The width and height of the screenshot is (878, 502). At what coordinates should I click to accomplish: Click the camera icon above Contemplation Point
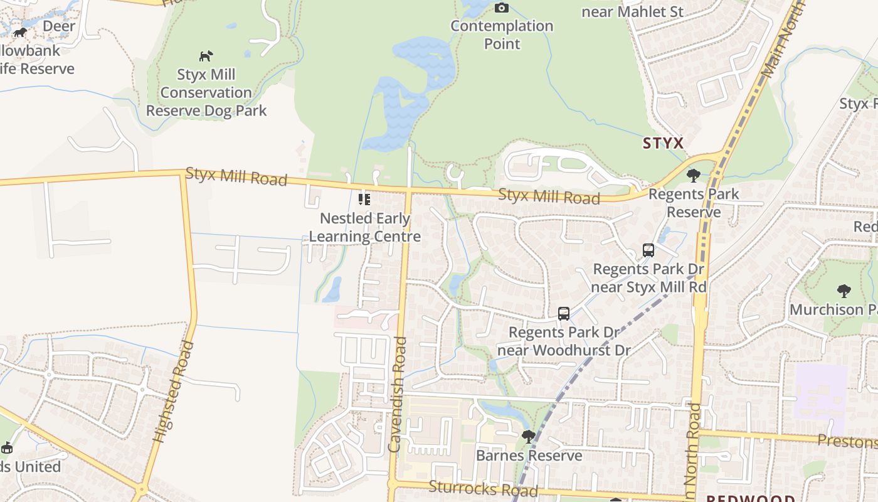501,8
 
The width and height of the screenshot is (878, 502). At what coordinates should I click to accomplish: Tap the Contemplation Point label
502,35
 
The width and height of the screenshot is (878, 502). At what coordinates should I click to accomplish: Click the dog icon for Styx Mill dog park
206,56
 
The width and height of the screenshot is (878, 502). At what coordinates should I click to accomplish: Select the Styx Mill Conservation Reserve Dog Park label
206,93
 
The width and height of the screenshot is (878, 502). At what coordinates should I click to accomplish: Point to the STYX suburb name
663,143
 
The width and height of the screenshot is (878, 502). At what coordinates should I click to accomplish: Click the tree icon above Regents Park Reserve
693,176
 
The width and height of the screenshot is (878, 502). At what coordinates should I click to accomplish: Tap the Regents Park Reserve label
694,203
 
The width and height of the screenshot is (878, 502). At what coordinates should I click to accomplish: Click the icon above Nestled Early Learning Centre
364,200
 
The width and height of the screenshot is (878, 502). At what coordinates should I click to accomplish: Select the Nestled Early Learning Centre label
365,228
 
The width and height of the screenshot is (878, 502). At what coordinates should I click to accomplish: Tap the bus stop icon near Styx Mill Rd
648,250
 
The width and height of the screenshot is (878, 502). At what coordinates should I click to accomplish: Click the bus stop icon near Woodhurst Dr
564,313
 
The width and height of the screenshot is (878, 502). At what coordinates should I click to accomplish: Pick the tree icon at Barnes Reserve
529,436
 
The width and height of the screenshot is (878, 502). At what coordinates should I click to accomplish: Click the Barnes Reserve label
529,455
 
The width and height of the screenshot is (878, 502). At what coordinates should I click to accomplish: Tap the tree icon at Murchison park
844,291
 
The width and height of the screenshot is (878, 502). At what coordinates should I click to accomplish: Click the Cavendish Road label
398,394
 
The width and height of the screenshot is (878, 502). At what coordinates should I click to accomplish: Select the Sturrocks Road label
483,488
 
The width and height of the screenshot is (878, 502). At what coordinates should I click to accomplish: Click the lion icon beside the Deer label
21,32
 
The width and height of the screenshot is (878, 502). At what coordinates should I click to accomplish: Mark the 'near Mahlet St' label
632,11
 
